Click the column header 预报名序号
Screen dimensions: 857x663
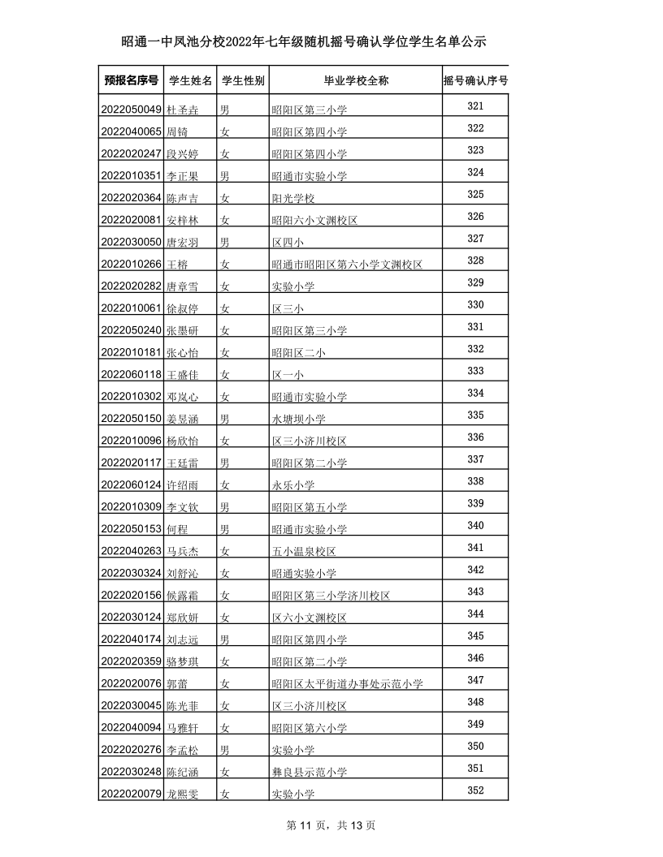131,81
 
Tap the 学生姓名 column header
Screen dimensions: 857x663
191,81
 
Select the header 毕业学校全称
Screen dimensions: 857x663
356,81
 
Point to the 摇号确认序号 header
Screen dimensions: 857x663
476,81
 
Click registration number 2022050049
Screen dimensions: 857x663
131,110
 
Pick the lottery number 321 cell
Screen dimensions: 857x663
476,106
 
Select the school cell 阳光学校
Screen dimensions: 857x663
292,198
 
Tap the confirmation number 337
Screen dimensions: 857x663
476,459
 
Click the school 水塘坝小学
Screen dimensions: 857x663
298,419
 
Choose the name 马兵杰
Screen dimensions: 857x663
183,551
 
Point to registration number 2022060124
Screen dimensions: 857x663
131,484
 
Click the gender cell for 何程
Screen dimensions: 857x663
225,529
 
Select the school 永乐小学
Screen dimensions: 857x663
292,485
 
